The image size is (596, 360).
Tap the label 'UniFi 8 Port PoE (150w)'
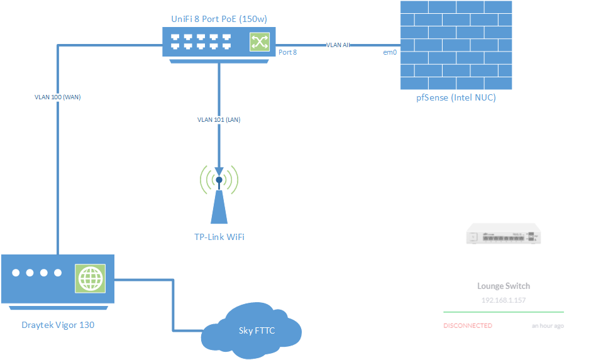(219, 19)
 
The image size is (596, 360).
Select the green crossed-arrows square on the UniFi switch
(258, 42)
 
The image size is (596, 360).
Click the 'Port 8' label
(287, 52)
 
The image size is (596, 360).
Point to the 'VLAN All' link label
(338, 45)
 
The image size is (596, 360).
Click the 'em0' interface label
(390, 52)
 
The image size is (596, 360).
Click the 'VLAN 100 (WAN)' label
(57, 97)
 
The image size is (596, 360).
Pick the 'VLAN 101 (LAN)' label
(219, 119)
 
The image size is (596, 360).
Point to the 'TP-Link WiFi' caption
(219, 237)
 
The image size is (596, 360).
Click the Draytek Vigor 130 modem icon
(58, 280)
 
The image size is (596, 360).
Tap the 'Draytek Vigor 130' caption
(58, 325)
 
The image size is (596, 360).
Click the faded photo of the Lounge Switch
(504, 234)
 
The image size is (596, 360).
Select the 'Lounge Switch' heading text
(504, 286)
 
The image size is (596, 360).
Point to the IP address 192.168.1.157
(504, 300)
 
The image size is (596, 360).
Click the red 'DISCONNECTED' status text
(468, 325)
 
